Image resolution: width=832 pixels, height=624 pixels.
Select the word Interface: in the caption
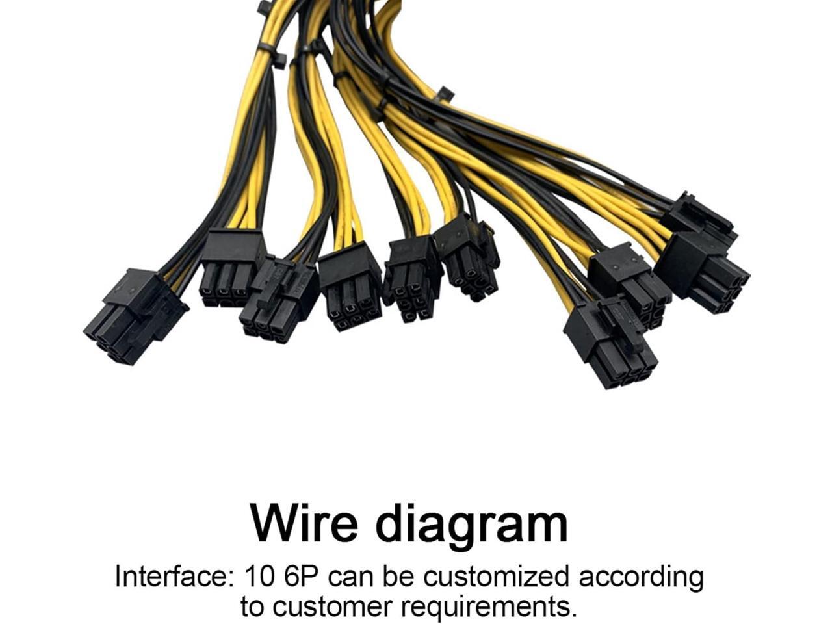173,577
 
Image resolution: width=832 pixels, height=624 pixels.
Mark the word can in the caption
352,577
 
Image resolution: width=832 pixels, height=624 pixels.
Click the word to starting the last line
253,606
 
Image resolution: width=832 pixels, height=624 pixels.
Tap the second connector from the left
231,266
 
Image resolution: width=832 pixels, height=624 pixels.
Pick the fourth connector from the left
350,286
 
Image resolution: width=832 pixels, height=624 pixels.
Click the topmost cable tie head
265,8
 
